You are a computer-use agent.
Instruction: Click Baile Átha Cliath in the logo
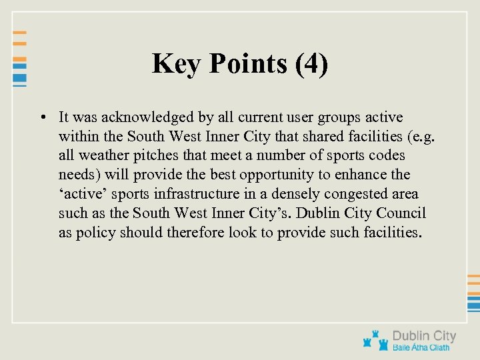[421, 347]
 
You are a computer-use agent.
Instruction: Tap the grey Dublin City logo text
[424, 336]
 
